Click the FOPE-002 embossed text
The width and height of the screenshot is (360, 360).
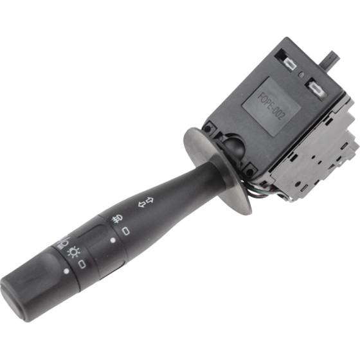[x=271, y=106]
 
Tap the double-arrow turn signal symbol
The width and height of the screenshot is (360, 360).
[x=146, y=202]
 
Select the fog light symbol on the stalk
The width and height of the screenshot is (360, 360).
[x=116, y=219]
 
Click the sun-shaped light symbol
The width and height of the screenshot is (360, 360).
[x=74, y=252]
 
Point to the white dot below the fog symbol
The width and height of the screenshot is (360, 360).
[x=113, y=240]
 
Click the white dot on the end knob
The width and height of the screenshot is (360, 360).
[x=67, y=271]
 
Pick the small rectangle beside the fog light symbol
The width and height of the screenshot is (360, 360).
[x=125, y=231]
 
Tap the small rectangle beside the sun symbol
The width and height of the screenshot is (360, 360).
[x=82, y=264]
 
